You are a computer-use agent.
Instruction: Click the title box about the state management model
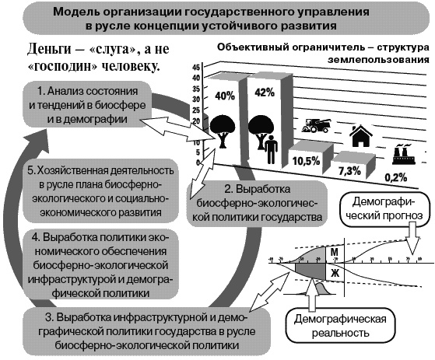(218, 18)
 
